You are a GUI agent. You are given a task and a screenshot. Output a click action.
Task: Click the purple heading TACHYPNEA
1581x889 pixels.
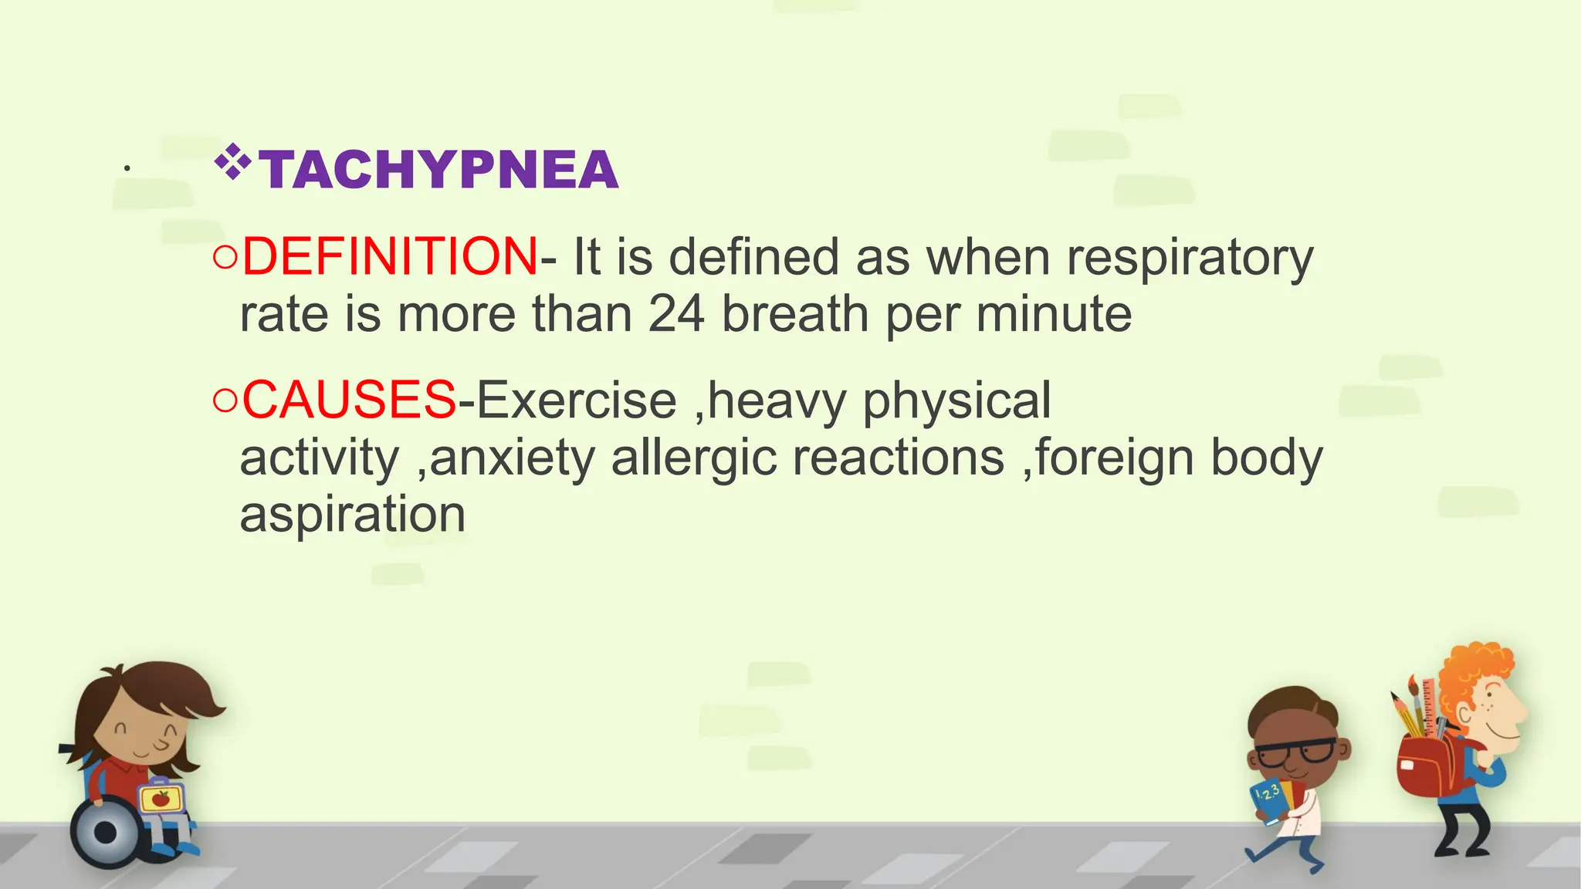click(438, 170)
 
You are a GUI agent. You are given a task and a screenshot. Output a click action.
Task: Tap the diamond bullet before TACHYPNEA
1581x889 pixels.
click(232, 162)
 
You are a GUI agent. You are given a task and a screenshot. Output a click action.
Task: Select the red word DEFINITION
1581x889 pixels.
click(390, 257)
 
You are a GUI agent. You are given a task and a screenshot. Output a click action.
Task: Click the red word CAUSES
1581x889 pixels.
click(349, 400)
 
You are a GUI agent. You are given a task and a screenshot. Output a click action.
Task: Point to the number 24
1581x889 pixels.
click(676, 314)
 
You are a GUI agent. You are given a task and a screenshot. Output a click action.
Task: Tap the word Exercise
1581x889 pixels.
click(577, 400)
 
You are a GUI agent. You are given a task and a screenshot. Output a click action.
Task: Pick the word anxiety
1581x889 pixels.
click(513, 458)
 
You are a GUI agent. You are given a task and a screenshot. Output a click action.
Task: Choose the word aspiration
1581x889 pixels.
click(353, 515)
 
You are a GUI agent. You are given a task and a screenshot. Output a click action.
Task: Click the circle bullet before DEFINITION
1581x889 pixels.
click(225, 258)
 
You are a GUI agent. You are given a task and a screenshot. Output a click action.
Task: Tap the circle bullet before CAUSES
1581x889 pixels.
click(225, 401)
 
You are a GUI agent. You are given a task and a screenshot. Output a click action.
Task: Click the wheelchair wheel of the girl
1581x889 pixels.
click(107, 833)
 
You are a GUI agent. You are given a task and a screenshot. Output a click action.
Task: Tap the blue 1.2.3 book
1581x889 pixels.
click(1268, 799)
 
